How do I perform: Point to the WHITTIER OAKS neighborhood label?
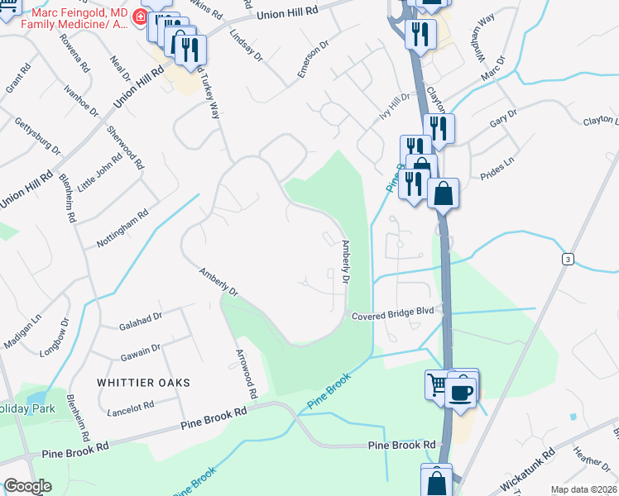143,383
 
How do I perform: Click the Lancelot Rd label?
132,407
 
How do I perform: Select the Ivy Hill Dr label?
395,107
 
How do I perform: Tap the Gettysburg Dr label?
38,135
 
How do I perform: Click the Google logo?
28,486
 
